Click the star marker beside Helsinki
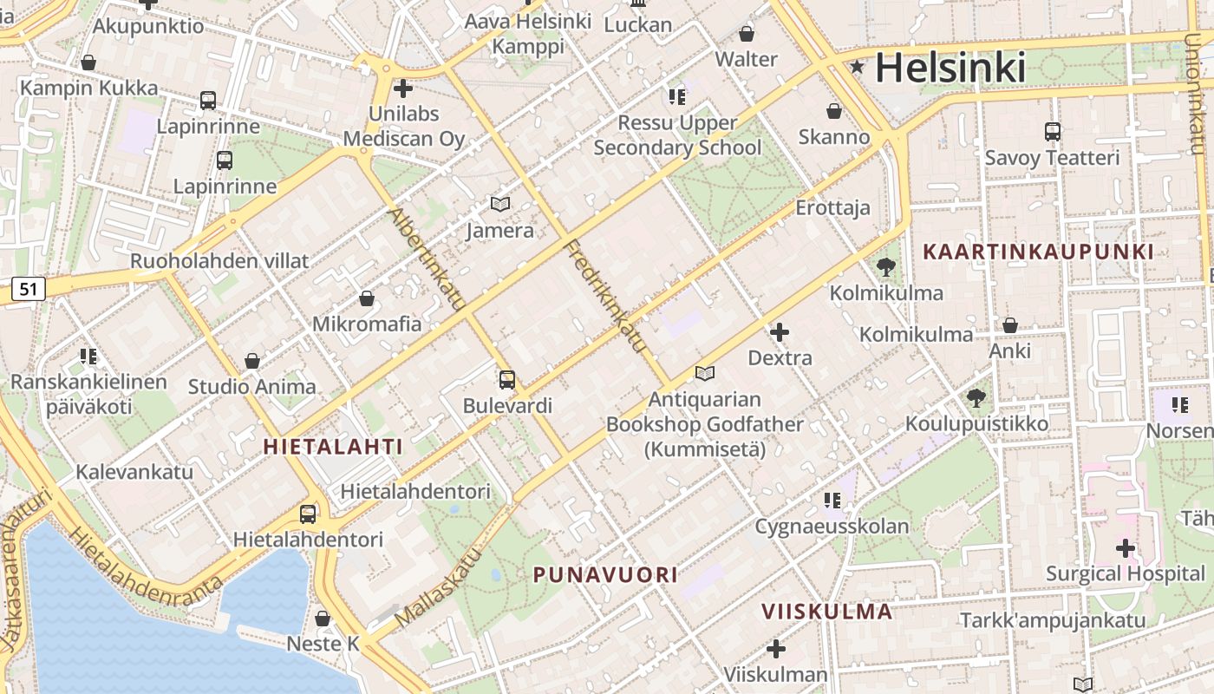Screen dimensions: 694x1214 858,67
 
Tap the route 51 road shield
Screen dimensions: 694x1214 28,289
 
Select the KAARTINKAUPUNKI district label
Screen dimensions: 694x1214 1038,252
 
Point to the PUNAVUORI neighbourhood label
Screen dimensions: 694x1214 605,574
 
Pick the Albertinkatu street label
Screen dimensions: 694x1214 427,259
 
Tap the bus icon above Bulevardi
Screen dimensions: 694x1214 507,379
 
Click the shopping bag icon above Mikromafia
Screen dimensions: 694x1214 367,298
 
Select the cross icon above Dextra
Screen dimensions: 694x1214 780,331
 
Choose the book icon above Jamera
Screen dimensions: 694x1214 500,205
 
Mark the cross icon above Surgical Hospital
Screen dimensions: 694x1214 1126,547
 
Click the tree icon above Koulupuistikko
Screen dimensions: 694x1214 976,398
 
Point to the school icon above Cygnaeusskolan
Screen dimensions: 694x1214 832,500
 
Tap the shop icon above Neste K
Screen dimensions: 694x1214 323,619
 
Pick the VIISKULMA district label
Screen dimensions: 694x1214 826,611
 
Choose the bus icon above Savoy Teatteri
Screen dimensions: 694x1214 1053,132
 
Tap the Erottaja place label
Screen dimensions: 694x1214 832,208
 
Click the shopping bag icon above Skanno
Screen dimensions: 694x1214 833,111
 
